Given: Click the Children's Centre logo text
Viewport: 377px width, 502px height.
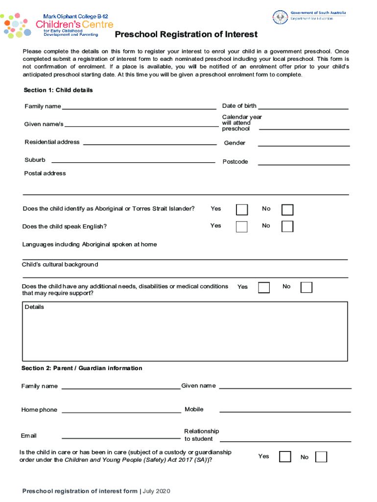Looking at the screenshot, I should pyautogui.click(x=74, y=25).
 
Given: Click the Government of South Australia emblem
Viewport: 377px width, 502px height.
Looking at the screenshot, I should pyautogui.click(x=281, y=17).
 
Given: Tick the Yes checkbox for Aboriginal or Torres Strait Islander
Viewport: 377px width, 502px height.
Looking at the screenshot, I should pyautogui.click(x=242, y=210).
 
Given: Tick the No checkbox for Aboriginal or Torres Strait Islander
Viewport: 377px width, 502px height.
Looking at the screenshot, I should pyautogui.click(x=287, y=210).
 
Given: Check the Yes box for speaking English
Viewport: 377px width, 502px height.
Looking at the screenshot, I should pyautogui.click(x=242, y=226).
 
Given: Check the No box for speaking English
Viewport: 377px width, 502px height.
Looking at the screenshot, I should pyautogui.click(x=287, y=226).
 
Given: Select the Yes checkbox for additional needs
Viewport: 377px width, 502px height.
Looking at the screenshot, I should pyautogui.click(x=264, y=287).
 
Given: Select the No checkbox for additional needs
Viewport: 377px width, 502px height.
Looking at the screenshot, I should pyautogui.click(x=306, y=287).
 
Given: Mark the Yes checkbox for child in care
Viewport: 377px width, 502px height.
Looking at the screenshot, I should pyautogui.click(x=285, y=457).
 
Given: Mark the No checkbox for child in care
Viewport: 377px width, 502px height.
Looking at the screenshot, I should pyautogui.click(x=321, y=457).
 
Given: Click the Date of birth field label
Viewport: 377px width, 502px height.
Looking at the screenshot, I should pyautogui.click(x=239, y=106).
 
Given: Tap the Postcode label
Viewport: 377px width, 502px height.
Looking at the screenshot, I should pyautogui.click(x=235, y=162).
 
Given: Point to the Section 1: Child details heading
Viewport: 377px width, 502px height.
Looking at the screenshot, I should pyautogui.click(x=58, y=91).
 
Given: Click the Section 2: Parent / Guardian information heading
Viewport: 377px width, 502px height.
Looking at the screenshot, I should pyautogui.click(x=82, y=368).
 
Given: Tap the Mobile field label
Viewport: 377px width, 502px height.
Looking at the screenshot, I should pyautogui.click(x=194, y=409).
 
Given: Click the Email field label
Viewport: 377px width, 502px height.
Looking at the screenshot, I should pyautogui.click(x=28, y=436).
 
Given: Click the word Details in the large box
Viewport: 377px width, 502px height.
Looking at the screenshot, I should pyautogui.click(x=34, y=307).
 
